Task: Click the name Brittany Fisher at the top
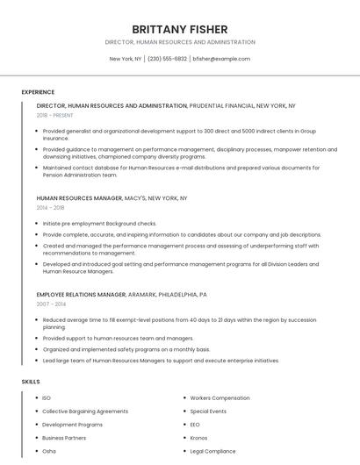point(180,29)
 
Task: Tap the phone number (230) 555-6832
point(167,59)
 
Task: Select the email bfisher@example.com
point(221,59)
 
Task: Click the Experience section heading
point(38,92)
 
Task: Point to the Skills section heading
point(30,382)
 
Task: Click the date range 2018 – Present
point(55,115)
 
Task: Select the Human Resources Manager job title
point(79,198)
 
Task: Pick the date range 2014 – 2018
point(50,208)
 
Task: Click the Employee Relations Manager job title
point(81,295)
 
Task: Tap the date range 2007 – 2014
point(50,304)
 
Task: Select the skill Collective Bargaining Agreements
point(85,411)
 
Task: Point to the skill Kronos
point(198,438)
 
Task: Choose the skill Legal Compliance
point(212,451)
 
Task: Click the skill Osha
point(49,451)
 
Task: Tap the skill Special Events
point(208,411)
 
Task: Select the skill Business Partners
point(64,438)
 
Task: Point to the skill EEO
point(195,425)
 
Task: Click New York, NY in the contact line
point(126,59)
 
